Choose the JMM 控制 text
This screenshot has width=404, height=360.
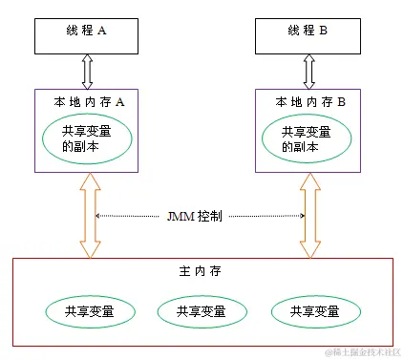(x=197, y=217)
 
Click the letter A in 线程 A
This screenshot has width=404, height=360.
(x=101, y=31)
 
